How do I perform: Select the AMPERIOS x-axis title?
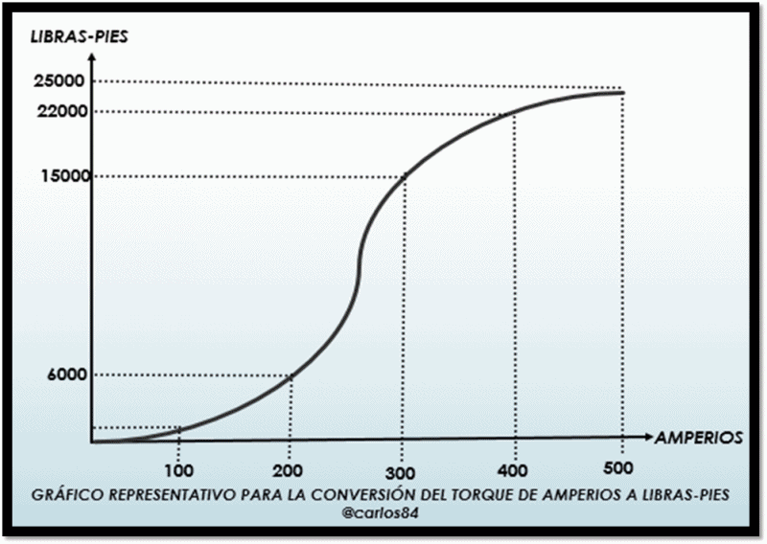click(698, 438)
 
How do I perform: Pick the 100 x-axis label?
click(178, 471)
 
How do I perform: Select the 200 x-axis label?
click(289, 471)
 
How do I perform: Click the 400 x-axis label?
click(514, 471)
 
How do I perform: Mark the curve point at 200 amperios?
click(291, 375)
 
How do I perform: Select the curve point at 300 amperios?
click(405, 176)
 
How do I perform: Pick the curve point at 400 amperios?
click(516, 113)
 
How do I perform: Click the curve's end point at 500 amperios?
click(623, 92)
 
